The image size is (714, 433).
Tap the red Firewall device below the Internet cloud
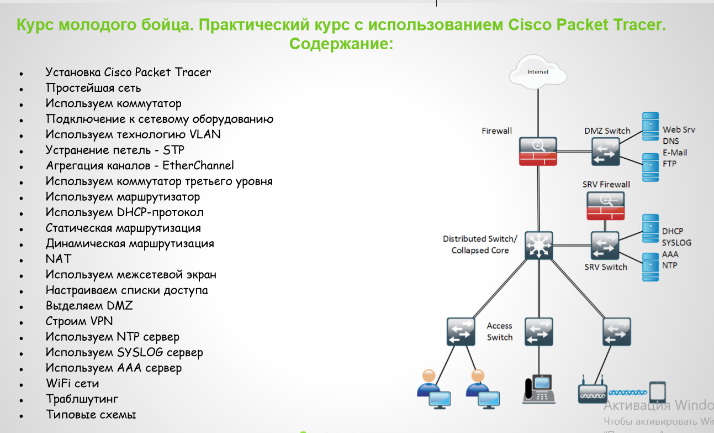(x=538, y=151)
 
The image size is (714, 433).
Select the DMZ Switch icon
(x=606, y=151)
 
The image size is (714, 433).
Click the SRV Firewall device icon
(x=606, y=206)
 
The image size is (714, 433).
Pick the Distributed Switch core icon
(x=538, y=245)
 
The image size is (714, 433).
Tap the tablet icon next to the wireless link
(x=657, y=392)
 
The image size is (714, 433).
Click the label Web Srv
(x=679, y=130)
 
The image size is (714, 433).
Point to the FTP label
(x=669, y=164)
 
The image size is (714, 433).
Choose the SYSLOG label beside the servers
(x=676, y=243)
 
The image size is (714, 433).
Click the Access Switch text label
(x=500, y=332)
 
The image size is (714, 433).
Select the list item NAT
(x=59, y=259)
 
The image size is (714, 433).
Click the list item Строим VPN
(x=80, y=321)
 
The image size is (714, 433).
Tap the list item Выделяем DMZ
(x=89, y=306)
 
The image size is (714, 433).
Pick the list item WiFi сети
(x=72, y=383)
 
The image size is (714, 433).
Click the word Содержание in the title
(x=341, y=44)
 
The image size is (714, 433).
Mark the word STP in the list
(x=173, y=150)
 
